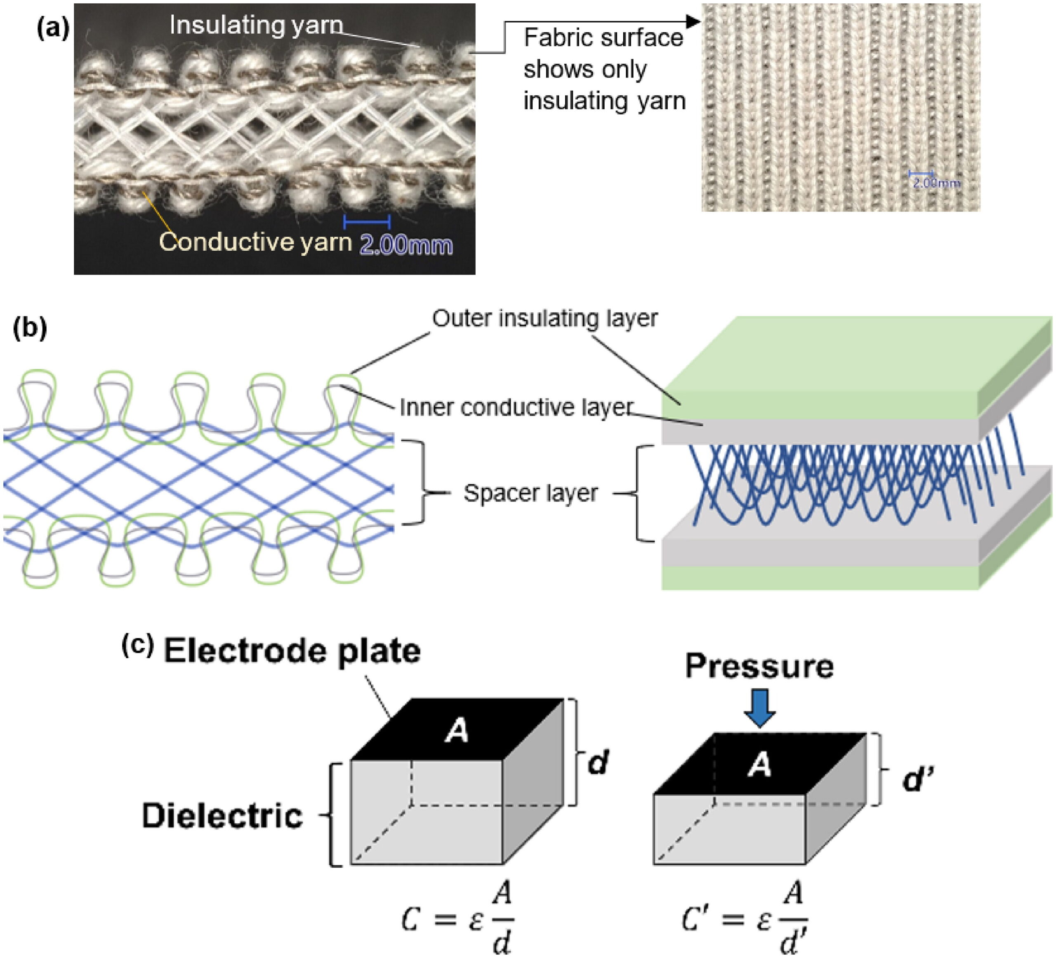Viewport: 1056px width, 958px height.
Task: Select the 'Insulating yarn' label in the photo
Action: [x=256, y=25]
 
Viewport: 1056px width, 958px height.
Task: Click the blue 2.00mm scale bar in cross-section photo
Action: [x=367, y=222]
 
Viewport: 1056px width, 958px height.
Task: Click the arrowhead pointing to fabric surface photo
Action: [x=693, y=21]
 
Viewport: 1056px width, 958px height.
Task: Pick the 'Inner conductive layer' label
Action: [x=516, y=407]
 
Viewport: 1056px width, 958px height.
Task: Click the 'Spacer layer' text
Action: [x=530, y=493]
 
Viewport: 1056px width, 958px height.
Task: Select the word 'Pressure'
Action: [x=759, y=667]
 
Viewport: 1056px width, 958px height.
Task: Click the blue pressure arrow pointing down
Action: [x=759, y=708]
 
